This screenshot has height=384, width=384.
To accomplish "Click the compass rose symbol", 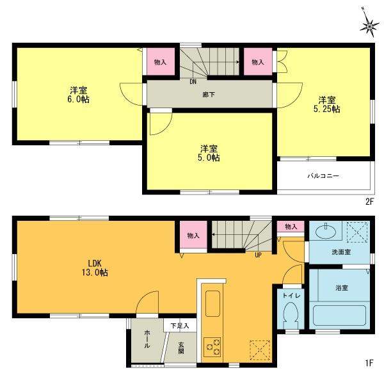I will [x=369, y=25].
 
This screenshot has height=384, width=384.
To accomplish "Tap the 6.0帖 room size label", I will [x=79, y=100].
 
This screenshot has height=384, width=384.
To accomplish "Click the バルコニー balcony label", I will [x=323, y=175].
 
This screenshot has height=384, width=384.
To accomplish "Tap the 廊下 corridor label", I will [x=209, y=93].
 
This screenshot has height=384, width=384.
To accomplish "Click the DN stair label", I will [x=192, y=81].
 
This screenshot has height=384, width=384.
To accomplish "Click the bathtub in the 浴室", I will [x=340, y=315].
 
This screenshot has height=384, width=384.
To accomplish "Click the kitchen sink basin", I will [x=212, y=300].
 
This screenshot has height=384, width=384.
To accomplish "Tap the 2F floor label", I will [x=369, y=201].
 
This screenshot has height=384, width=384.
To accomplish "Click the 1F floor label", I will [x=369, y=364].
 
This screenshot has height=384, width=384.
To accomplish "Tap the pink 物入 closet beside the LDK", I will [x=193, y=236].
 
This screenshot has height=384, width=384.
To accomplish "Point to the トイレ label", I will [x=292, y=296].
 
